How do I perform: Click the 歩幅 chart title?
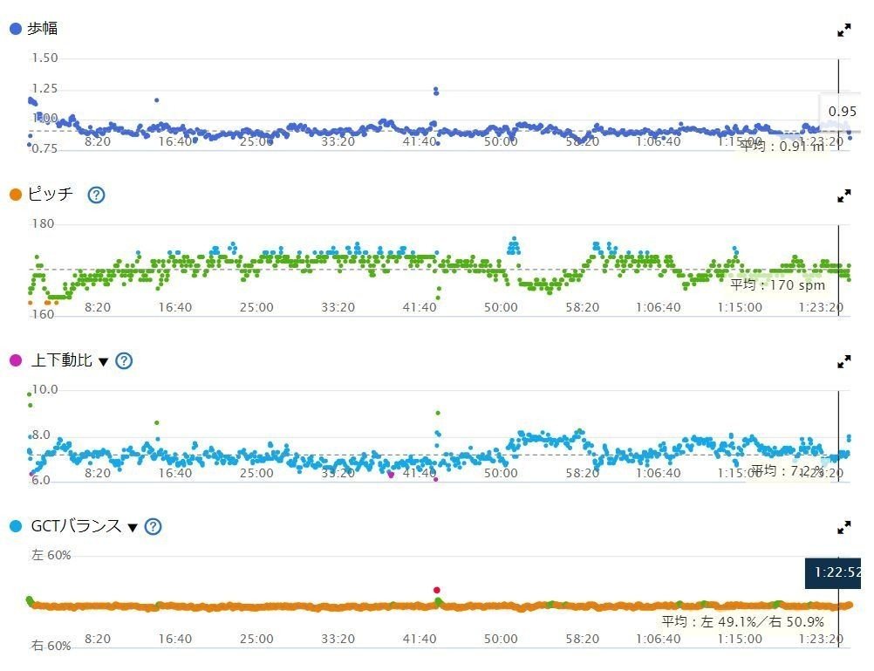(x=42, y=29)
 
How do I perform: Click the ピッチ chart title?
(x=51, y=195)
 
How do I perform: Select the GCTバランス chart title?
(x=75, y=526)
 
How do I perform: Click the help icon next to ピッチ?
(x=96, y=195)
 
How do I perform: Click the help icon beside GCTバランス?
(x=154, y=526)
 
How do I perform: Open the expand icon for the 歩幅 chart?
(x=843, y=30)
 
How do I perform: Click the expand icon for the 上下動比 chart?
(x=843, y=361)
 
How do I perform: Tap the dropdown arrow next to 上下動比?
(x=103, y=361)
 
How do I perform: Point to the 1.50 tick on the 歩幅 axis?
(x=44, y=58)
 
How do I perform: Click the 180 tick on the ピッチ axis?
(x=43, y=224)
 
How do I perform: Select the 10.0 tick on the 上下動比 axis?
(x=44, y=389)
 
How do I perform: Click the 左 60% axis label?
(x=51, y=555)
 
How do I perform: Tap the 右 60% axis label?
(x=51, y=646)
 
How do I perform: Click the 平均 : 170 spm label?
(x=777, y=284)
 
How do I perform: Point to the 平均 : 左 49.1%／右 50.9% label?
(x=742, y=622)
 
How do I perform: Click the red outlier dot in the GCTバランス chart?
(x=436, y=590)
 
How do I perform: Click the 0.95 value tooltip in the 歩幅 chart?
(x=842, y=112)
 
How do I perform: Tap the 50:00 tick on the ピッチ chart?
(x=501, y=307)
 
